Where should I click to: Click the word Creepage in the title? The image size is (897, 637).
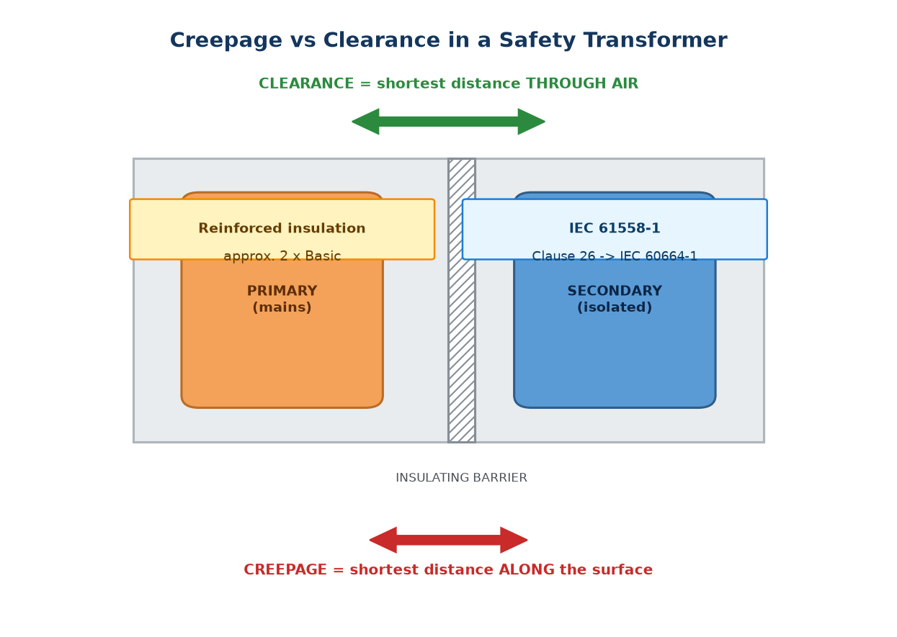[x=226, y=41]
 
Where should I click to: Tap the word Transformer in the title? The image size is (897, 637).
[x=655, y=40]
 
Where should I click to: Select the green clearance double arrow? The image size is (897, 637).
[x=448, y=122]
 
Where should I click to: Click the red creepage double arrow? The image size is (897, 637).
[x=448, y=540]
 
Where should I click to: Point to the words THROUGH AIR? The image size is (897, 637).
[x=582, y=83]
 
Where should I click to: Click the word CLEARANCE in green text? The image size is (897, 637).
[x=306, y=83]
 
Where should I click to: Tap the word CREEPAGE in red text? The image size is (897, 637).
[x=285, y=570]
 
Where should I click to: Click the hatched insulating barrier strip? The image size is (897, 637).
[x=462, y=301]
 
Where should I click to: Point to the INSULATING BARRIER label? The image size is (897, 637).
[x=461, y=478]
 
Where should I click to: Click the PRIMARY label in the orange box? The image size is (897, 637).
[x=282, y=291]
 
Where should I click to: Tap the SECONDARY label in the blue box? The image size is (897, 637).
[x=615, y=291]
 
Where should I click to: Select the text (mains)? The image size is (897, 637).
[x=282, y=307]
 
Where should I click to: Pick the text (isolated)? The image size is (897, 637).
[x=615, y=307]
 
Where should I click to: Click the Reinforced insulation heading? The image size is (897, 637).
[x=282, y=228]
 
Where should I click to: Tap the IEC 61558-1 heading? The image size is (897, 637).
[x=615, y=228]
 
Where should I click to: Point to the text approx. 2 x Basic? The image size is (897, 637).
[x=282, y=256]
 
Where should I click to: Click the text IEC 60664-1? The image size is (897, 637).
[x=659, y=256]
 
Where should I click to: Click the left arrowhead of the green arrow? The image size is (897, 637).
[x=365, y=122]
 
